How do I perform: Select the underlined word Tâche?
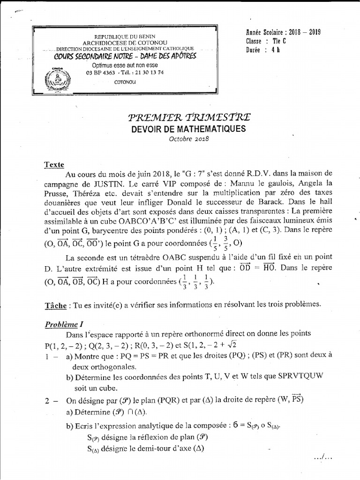click(x=54, y=304)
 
